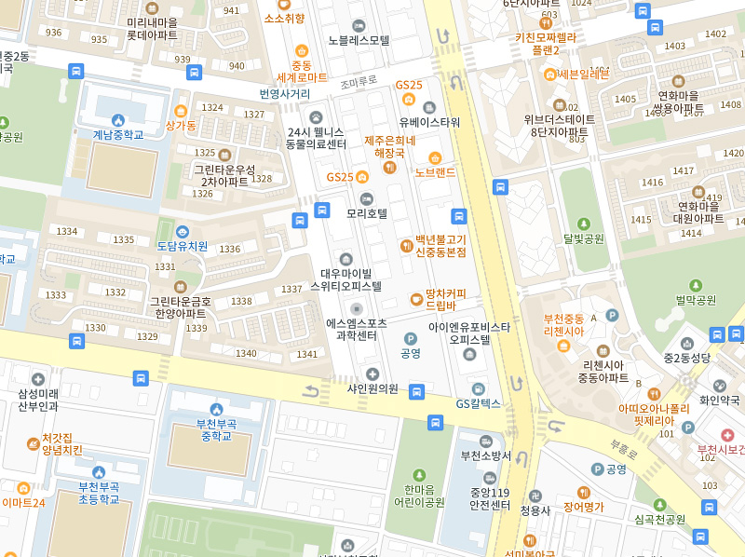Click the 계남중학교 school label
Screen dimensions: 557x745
(117, 134)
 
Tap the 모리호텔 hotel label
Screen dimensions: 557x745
(366, 213)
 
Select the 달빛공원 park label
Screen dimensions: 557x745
(584, 238)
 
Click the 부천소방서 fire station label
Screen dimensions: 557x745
(485, 455)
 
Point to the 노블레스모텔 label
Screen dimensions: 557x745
(359, 40)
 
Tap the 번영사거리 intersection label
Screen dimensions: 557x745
(285, 94)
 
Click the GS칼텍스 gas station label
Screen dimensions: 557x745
(478, 403)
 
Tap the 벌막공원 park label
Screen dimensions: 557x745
(696, 300)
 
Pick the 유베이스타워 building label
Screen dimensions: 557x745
(429, 122)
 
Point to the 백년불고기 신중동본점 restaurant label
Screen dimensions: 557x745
(440, 246)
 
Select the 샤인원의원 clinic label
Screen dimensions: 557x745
(372, 388)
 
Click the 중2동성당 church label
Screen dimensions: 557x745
(687, 357)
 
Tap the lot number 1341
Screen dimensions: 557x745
(306, 354)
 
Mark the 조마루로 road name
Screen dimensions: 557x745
(358, 82)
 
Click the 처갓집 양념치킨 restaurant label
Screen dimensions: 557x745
(61, 443)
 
